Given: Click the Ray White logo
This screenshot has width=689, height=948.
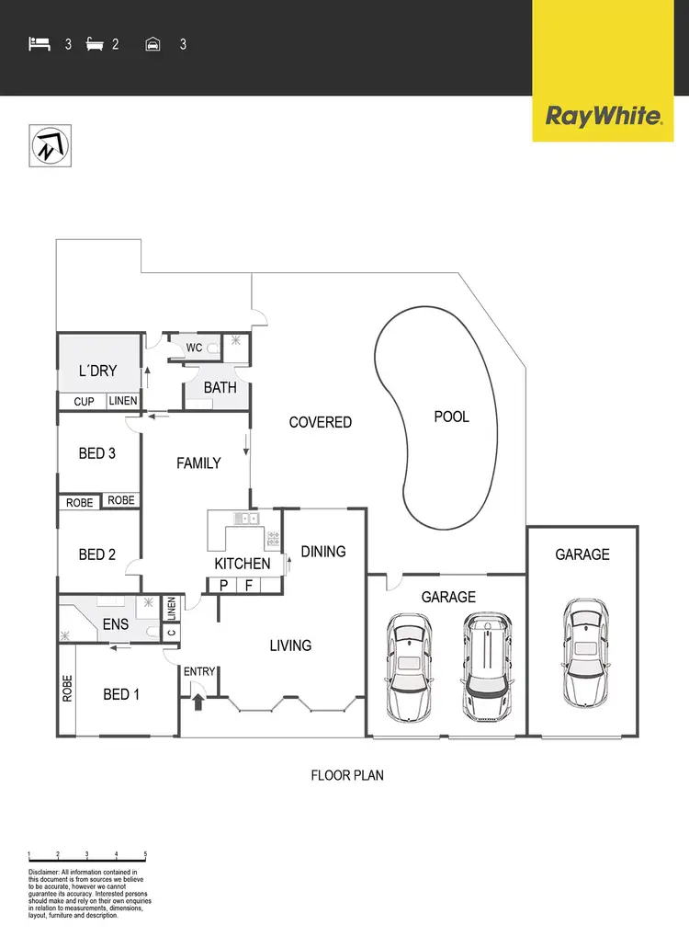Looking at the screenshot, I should click(x=604, y=117).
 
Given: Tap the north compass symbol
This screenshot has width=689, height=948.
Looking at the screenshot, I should click(x=51, y=146).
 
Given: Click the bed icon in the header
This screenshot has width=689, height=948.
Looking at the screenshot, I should click(x=40, y=43).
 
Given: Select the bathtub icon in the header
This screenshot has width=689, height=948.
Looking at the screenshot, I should click(x=95, y=43).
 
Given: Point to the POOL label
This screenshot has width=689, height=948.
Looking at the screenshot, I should click(x=451, y=417).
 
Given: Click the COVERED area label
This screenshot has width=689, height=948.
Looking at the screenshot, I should click(x=320, y=422).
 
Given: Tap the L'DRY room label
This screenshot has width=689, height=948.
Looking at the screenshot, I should click(x=97, y=371).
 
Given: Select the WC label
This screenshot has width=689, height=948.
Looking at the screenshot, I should click(x=195, y=348).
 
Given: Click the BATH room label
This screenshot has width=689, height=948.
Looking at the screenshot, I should click(x=220, y=387).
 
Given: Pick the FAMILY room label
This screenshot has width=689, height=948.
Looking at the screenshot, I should click(x=198, y=463).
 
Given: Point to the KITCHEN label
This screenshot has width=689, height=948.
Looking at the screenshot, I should click(x=243, y=564).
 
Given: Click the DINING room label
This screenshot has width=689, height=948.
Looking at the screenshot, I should click(x=323, y=552).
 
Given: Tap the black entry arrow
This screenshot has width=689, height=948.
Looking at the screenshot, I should click(x=198, y=702).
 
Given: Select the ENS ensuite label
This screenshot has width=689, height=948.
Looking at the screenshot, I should click(x=115, y=624).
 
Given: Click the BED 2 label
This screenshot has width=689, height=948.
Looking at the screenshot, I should click(x=97, y=554).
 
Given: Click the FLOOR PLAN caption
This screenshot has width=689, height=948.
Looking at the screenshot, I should click(x=347, y=775).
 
